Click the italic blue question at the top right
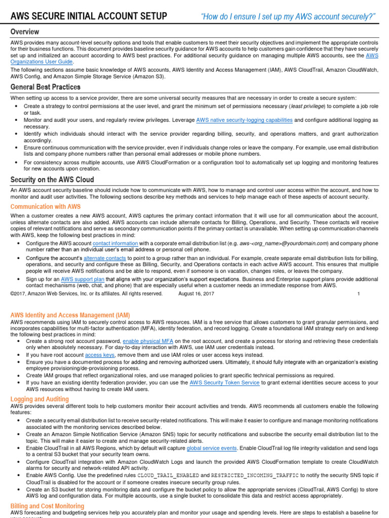(x=288, y=17)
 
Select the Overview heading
(x=25, y=32)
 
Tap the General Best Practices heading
(x=46, y=87)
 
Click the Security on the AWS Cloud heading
(x=52, y=180)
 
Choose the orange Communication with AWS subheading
(x=46, y=206)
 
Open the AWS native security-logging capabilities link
(x=244, y=120)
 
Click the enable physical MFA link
(x=148, y=341)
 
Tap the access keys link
(x=100, y=355)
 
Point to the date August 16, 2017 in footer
(x=200, y=293)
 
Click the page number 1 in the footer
(x=359, y=293)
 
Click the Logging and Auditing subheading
(x=40, y=399)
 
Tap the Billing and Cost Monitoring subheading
(x=48, y=506)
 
